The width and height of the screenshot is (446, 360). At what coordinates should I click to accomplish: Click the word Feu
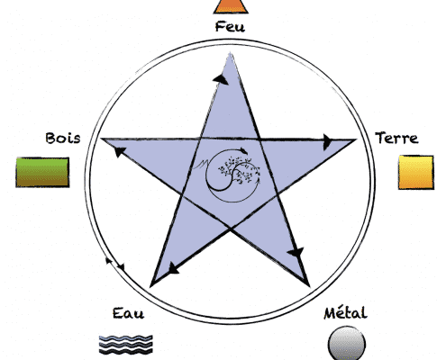click(x=230, y=26)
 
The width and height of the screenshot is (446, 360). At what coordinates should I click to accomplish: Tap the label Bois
click(x=63, y=138)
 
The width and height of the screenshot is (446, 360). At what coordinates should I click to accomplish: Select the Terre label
click(x=396, y=138)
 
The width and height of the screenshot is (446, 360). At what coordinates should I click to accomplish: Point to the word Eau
click(x=128, y=313)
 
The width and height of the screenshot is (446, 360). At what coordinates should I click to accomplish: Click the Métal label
click(x=345, y=312)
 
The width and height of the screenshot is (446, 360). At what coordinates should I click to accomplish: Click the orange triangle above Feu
click(x=231, y=6)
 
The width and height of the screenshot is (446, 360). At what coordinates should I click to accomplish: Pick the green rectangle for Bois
click(x=42, y=172)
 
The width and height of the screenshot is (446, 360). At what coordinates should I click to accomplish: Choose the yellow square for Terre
click(x=416, y=172)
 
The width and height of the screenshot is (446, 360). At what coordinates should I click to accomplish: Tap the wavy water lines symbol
click(x=126, y=345)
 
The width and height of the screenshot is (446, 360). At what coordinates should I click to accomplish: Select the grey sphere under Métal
click(x=347, y=343)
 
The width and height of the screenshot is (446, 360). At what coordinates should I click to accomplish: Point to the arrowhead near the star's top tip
click(x=221, y=78)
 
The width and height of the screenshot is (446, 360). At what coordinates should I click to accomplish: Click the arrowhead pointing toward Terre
click(x=327, y=141)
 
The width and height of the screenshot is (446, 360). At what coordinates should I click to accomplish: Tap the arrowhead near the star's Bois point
click(x=120, y=151)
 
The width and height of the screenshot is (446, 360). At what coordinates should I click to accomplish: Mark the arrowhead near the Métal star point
click(x=296, y=252)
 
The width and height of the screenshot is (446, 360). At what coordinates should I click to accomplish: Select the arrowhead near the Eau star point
click(x=173, y=268)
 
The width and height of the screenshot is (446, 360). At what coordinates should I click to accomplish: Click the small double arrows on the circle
click(x=115, y=264)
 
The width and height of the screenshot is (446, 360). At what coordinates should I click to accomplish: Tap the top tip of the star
click(x=230, y=53)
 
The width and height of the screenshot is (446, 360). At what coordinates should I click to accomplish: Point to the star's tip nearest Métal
click(x=309, y=286)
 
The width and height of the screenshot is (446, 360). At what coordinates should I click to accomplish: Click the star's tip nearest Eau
click(x=150, y=286)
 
